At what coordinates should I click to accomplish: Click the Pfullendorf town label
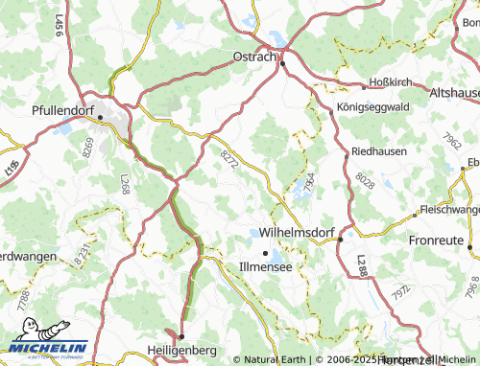click(68, 109)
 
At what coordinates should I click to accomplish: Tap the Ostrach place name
click(254, 57)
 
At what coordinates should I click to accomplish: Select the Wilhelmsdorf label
click(287, 232)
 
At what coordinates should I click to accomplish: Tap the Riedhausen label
click(378, 151)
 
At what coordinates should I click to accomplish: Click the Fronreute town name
click(437, 240)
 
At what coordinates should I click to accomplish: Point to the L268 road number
click(125, 183)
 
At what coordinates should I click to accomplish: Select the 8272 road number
click(228, 159)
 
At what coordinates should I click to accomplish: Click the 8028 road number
click(365, 181)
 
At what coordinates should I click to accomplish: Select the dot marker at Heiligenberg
click(180, 337)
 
